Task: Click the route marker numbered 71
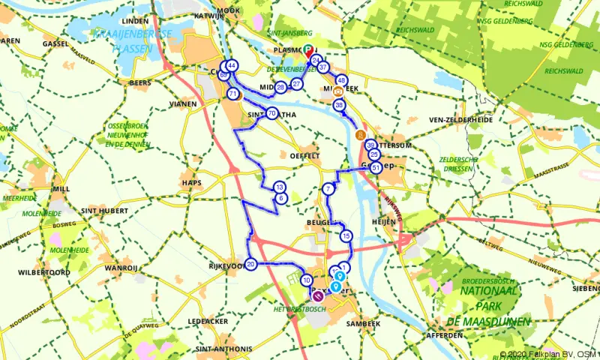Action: pos(233,94)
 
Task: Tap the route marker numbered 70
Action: pos(271,114)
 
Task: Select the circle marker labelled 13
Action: pos(280,187)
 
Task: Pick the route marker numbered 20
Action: pos(250,264)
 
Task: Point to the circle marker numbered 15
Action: pos(346,236)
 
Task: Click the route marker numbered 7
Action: pos(328,190)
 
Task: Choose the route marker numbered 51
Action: pos(376,168)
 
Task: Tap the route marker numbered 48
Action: pos(342,80)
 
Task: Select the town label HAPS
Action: pos(191,182)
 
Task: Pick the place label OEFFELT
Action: pos(314,156)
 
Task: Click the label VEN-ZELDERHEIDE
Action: pos(460,119)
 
